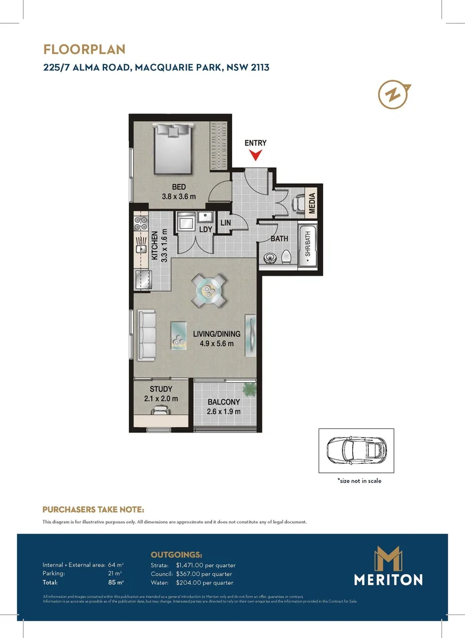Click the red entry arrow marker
(x=255, y=155)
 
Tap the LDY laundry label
(x=206, y=229)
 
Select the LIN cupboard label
(x=225, y=223)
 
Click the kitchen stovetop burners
(x=141, y=223)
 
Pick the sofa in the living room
(x=146, y=336)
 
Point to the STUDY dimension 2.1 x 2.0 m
(x=161, y=399)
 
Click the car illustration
(x=356, y=451)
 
